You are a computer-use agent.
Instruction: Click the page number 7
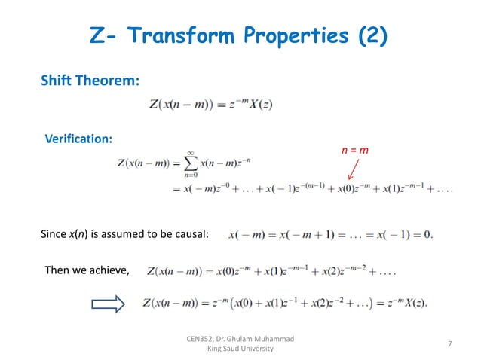(449, 344)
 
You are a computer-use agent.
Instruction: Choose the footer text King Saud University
(240, 349)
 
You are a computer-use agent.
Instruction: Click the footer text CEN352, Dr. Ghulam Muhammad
(240, 339)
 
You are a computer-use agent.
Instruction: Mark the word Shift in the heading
(57, 81)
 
